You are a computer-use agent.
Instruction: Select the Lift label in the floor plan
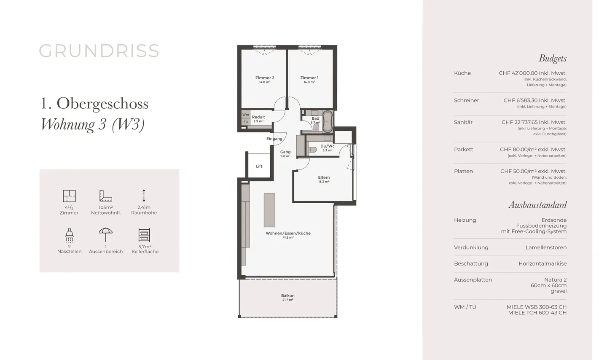259,166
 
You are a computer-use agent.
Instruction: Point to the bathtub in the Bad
328,121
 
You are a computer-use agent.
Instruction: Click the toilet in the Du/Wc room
313,150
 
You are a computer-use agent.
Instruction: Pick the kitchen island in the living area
269,210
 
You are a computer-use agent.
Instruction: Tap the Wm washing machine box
245,115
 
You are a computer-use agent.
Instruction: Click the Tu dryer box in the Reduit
245,122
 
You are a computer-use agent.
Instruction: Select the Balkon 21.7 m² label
287,297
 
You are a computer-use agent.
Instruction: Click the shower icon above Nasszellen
70,235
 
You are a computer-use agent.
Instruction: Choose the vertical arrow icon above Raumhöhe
144,196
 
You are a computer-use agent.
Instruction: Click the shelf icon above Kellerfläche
145,235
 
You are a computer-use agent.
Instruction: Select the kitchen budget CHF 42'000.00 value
532,73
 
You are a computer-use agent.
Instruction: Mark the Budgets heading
553,59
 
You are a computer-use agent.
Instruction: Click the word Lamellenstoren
546,247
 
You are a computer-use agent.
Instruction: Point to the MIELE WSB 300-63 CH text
537,307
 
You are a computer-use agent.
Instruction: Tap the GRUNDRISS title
99,51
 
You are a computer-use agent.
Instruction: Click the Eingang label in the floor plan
274,139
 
